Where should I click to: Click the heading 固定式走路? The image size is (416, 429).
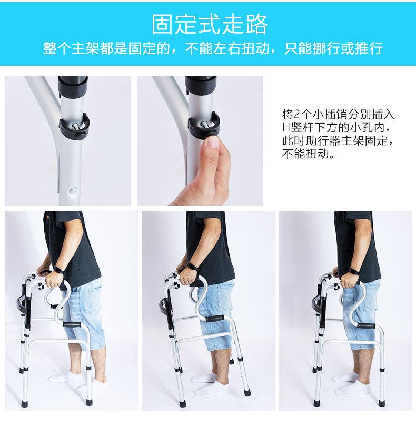pyautogui.click(x=210, y=24)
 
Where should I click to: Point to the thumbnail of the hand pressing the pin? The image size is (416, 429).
pyautogui.click(x=200, y=140)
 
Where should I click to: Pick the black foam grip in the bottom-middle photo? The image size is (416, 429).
pyautogui.click(x=216, y=320)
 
